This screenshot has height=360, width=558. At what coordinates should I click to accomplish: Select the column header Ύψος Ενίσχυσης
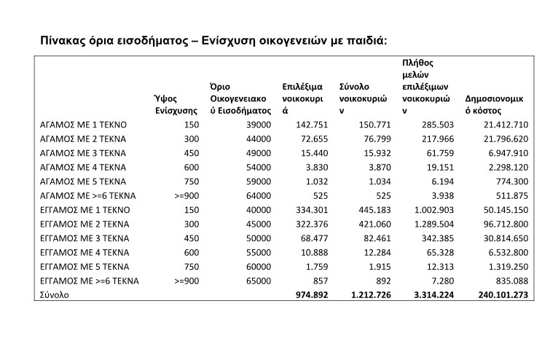[x=176, y=103]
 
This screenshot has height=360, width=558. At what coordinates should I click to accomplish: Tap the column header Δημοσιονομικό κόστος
[x=495, y=103]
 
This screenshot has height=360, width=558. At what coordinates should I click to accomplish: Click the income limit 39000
[x=257, y=125]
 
